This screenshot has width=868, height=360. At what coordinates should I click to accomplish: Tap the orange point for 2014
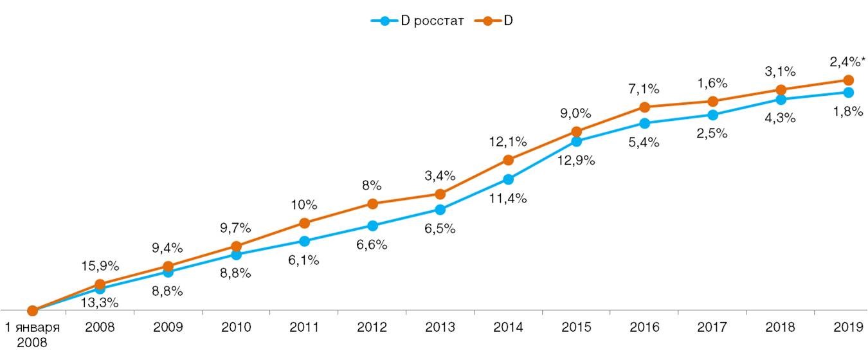pyautogui.click(x=508, y=160)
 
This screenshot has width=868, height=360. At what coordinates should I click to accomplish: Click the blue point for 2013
pyautogui.click(x=440, y=210)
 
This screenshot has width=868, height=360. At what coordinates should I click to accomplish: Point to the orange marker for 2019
pyautogui.click(x=848, y=80)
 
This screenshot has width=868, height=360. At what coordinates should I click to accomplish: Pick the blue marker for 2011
pyautogui.click(x=304, y=241)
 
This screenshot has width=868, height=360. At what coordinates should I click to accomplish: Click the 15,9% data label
pyautogui.click(x=100, y=265)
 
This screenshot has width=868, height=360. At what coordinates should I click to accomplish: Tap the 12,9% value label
pyautogui.click(x=575, y=161)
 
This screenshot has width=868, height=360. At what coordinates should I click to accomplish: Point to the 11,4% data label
pyautogui.click(x=507, y=199)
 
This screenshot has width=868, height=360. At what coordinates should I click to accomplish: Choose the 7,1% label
pyautogui.click(x=644, y=89)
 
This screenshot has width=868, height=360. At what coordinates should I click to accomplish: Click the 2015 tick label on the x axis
pyautogui.click(x=576, y=327)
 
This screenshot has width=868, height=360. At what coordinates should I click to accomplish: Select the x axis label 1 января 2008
pyautogui.click(x=32, y=334)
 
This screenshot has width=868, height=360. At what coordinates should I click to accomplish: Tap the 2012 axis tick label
pyautogui.click(x=372, y=327)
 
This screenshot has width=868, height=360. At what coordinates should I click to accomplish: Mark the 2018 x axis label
pyautogui.click(x=780, y=327)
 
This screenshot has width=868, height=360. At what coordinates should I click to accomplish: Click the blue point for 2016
pyautogui.click(x=644, y=123)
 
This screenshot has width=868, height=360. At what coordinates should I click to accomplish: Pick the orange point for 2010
pyautogui.click(x=236, y=246)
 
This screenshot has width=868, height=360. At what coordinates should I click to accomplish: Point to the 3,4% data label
pyautogui.click(x=440, y=175)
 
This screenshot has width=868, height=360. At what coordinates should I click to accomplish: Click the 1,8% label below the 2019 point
pyautogui.click(x=847, y=111)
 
